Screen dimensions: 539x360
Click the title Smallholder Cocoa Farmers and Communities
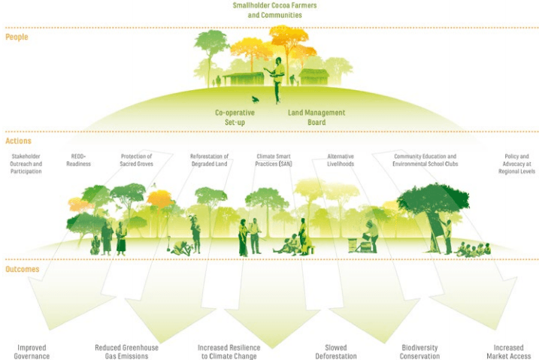coord(274,10)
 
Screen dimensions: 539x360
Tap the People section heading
coord(17,37)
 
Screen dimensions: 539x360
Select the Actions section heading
coord(18,141)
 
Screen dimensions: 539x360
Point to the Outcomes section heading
coord(22,269)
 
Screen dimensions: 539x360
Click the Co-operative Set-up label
coord(235,117)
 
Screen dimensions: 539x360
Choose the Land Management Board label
coord(316,117)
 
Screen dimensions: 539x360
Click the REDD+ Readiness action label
coord(78,160)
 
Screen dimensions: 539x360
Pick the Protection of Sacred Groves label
coord(137,160)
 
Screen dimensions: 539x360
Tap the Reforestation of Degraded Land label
coord(209,160)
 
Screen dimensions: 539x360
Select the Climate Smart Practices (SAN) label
coord(274,160)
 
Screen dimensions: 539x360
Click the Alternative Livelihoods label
coord(341,160)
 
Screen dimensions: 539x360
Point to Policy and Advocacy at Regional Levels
coord(516,164)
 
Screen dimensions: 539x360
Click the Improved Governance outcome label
coord(32,352)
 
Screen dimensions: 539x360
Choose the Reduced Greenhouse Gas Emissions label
coord(126,352)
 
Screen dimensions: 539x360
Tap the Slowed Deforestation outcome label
coord(336,352)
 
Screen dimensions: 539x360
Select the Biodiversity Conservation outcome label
coord(419,352)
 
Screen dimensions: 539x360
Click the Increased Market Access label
coord(508,352)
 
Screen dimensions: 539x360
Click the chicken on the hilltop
coord(255,100)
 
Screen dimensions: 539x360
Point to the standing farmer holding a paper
coord(277,80)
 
